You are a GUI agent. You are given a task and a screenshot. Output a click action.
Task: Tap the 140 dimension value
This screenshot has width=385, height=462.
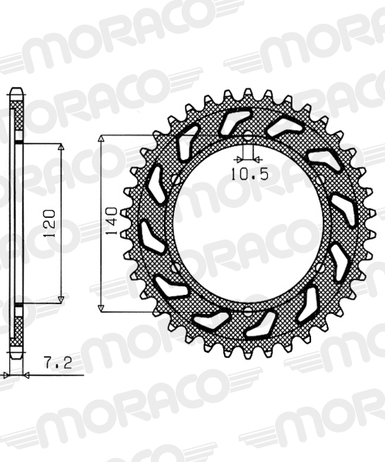[x=112, y=221]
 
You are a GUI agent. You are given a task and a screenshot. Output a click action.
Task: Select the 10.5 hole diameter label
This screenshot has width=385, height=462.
[x=249, y=174]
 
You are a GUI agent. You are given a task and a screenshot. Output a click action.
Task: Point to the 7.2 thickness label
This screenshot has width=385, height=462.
[x=58, y=363]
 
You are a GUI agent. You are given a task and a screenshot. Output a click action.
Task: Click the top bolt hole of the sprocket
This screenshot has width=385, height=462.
[x=248, y=136]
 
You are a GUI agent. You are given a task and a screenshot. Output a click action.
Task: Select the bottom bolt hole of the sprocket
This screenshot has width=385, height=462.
[x=248, y=310]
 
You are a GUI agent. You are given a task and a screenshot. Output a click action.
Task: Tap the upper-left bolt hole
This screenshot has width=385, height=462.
[x=176, y=179]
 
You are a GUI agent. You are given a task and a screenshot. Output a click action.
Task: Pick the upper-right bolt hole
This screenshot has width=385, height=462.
[x=320, y=179]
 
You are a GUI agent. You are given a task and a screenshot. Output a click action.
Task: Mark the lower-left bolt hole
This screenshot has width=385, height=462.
[x=176, y=267]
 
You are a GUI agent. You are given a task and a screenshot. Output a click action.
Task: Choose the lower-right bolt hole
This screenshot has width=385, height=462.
[x=320, y=267]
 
